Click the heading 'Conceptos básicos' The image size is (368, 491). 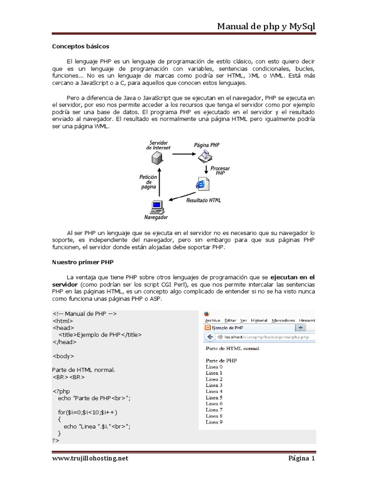point(80,47)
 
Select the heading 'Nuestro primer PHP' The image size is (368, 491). point(82,262)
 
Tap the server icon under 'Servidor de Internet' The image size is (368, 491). point(158,157)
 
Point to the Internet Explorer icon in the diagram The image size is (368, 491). point(202,184)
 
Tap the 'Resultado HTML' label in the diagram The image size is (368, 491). point(204,200)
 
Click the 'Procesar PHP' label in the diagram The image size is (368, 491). point(220,171)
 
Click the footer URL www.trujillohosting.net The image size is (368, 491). point(90,458)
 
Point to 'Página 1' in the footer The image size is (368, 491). point(301,458)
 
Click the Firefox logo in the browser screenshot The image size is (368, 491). point(207,314)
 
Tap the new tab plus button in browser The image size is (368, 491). point(301,328)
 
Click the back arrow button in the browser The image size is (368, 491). point(209,337)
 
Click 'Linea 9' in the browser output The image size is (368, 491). point(214,422)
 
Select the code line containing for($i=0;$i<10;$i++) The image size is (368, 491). point(88,412)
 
